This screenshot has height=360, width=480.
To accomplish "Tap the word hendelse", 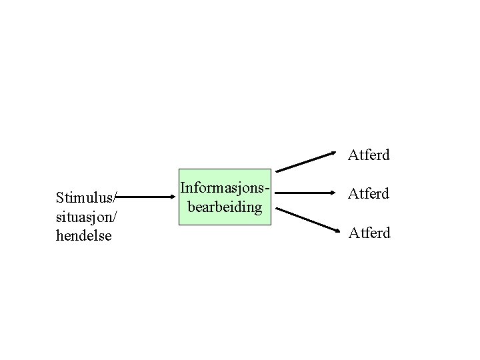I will click(84, 235).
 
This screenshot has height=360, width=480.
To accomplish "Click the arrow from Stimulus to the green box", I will click(147, 197).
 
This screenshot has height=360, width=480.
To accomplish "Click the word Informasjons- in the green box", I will click(225, 189).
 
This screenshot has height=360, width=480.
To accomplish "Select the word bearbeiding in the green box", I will click(225, 207).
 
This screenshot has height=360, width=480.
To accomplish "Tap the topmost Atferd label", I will click(369, 156).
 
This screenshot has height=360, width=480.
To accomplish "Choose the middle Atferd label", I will click(369, 194).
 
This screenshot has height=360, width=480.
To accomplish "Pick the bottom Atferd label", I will click(369, 233).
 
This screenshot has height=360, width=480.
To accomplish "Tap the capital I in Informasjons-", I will click(183, 189).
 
